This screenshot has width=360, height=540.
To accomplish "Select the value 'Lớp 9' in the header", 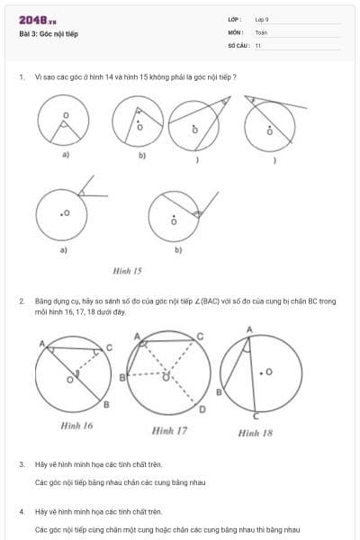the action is pyautogui.click(x=262, y=19).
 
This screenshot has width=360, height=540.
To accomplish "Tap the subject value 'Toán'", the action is pyautogui.click(x=261, y=32).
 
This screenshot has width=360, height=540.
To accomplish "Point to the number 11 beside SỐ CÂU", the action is pyautogui.click(x=258, y=45).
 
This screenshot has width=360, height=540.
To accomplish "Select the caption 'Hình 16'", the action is pyautogui.click(x=76, y=426).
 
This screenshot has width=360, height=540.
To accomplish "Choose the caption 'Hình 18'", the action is pyautogui.click(x=255, y=433).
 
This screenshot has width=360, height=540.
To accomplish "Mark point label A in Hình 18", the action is pyautogui.click(x=249, y=329).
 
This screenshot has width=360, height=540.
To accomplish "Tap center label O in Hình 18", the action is pyautogui.click(x=269, y=370).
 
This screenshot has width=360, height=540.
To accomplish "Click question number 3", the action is pyautogui.click(x=22, y=464).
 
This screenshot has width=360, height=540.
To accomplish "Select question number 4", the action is pyautogui.click(x=22, y=511).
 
